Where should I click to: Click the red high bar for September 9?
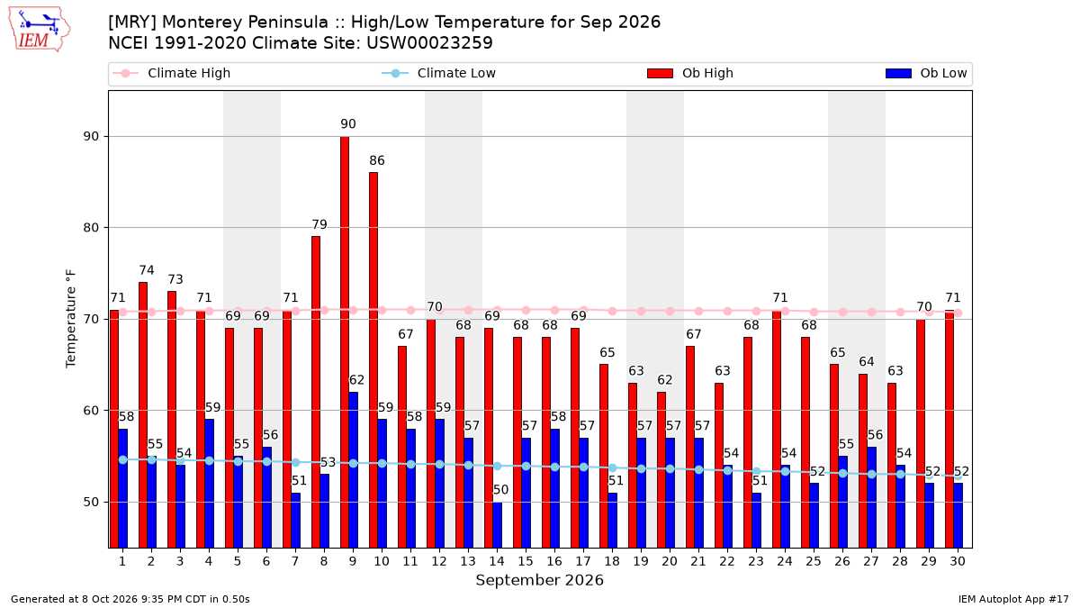click(x=345, y=342)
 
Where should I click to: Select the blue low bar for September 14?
click(x=497, y=525)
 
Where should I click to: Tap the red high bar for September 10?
click(x=373, y=360)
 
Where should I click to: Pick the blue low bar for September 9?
click(x=354, y=470)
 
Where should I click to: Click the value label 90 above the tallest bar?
click(x=348, y=124)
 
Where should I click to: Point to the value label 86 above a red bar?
click(x=377, y=160)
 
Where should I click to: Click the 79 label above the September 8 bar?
click(x=319, y=225)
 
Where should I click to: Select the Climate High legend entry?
click(x=171, y=73)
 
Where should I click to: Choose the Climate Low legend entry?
click(x=439, y=73)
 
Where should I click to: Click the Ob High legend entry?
click(x=690, y=73)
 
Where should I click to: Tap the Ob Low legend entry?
click(x=926, y=73)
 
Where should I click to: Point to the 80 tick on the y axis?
click(x=91, y=228)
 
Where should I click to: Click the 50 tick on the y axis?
click(x=91, y=503)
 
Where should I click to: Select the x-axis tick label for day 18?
click(x=612, y=562)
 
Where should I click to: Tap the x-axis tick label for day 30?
click(x=958, y=562)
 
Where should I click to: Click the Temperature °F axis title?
click(x=71, y=319)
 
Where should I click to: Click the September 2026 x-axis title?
click(x=539, y=580)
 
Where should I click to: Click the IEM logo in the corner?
click(x=39, y=30)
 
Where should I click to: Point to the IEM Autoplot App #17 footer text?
click(x=1013, y=599)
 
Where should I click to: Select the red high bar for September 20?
click(x=661, y=470)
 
